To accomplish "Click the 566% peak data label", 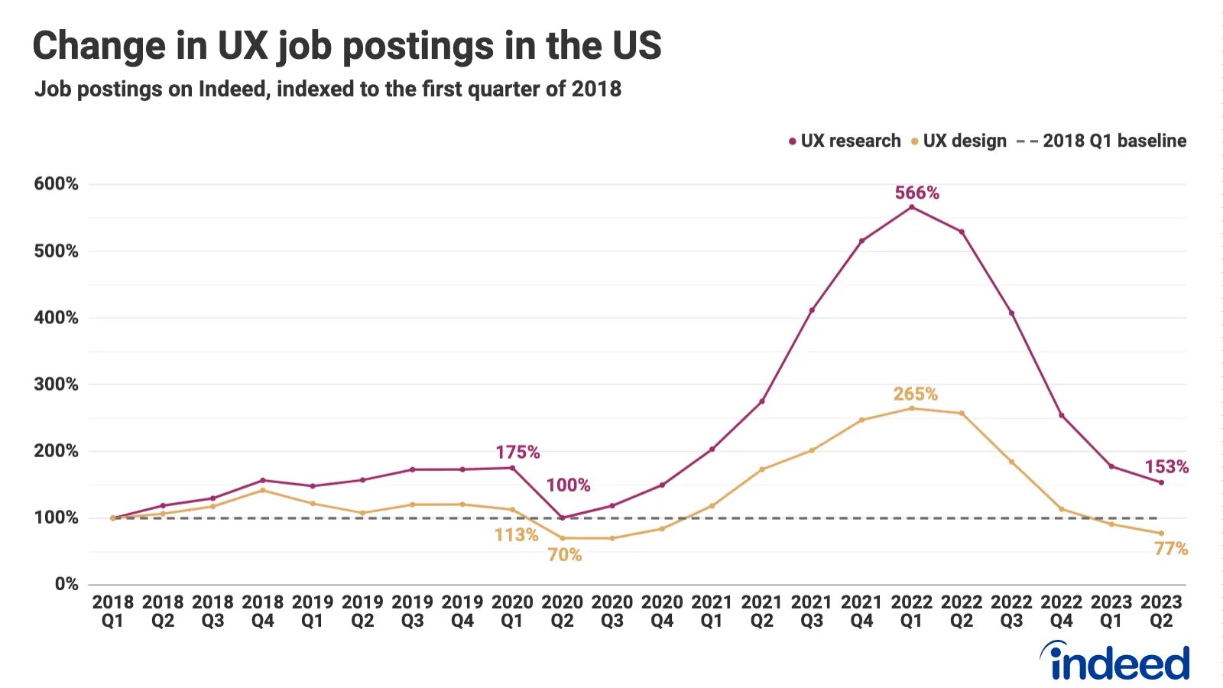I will (x=916, y=193).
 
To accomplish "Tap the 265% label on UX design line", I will (x=915, y=394).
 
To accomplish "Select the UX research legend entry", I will (x=845, y=141).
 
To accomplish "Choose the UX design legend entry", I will (x=959, y=141).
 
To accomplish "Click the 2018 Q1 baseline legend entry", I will (x=1101, y=141).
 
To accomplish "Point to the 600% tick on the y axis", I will (x=56, y=183).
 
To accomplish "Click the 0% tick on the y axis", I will (x=67, y=584).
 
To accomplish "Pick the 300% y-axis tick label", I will (x=56, y=384).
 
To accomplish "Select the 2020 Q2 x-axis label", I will (x=562, y=612).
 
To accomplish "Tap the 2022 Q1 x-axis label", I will (x=911, y=612).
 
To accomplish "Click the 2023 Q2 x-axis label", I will (x=1161, y=612).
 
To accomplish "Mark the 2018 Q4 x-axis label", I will (x=262, y=612).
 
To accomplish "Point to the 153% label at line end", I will (x=1166, y=467).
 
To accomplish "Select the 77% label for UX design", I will (x=1170, y=549).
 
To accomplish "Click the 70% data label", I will (x=564, y=555).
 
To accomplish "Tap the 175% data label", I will (x=517, y=453).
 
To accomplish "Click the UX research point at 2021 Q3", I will (x=812, y=310).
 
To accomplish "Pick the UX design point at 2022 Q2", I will (x=962, y=414).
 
